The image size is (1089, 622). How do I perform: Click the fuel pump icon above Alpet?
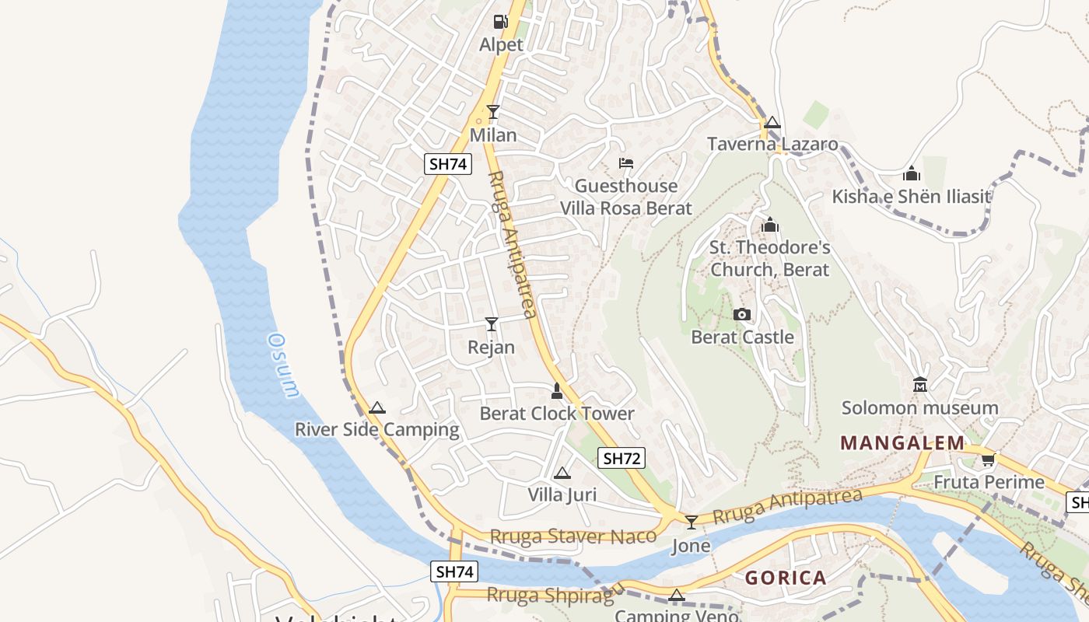point(499,21)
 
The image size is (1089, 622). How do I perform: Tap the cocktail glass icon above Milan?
point(492,112)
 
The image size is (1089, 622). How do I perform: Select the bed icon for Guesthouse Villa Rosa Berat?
point(625,163)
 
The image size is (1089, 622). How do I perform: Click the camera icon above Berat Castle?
point(742,315)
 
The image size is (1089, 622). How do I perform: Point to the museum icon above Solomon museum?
point(920,385)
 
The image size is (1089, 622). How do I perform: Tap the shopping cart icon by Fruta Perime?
point(988,460)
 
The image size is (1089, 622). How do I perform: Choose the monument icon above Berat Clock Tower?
point(557,390)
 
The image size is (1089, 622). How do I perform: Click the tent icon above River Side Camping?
point(377,407)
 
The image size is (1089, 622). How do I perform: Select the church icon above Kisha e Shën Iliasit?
point(912,173)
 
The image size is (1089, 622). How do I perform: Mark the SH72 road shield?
point(622,458)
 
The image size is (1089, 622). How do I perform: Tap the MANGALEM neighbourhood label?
point(902,443)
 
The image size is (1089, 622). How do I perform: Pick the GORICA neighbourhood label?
point(786,578)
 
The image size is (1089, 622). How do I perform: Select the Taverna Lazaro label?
point(772,144)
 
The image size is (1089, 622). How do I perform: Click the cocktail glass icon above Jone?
point(691,522)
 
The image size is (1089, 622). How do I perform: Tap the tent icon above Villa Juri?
point(562,473)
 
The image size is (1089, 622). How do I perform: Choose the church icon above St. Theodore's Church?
point(770,225)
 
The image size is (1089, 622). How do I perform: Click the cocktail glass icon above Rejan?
point(492,323)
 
